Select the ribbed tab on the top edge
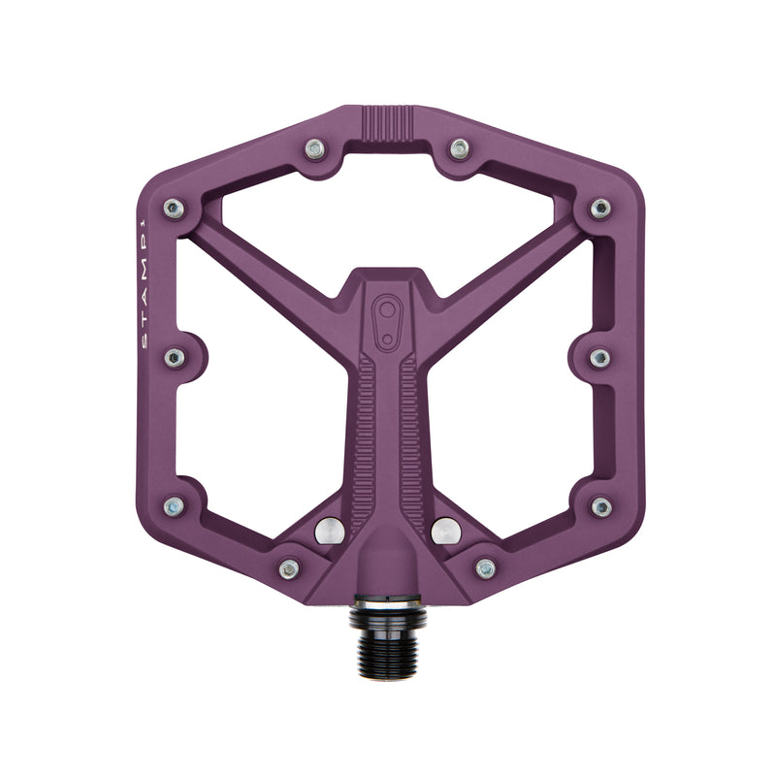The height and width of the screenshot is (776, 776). point(388,124)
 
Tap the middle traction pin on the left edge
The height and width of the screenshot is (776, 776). point(175,358)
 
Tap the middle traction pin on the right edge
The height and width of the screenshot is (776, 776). point(600,358)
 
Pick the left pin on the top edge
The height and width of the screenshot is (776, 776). point(314,149)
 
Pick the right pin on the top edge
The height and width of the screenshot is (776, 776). point(460,149)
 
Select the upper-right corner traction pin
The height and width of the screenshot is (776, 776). point(600,208)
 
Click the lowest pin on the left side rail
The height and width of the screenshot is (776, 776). point(175,506)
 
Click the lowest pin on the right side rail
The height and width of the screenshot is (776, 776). point(600,506)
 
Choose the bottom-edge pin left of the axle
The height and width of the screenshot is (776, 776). point(289,568)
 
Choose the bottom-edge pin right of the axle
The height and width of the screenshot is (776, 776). point(486,568)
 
